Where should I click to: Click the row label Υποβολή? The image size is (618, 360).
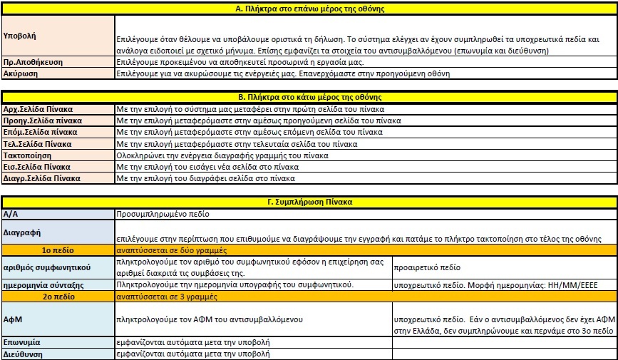click(x=20, y=35)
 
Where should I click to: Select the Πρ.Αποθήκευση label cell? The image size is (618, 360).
click(x=33, y=63)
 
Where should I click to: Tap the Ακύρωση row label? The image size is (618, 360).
click(x=21, y=73)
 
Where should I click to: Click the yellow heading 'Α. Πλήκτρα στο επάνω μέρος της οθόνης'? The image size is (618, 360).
click(x=310, y=9)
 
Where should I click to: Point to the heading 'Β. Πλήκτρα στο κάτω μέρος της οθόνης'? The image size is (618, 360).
click(x=310, y=97)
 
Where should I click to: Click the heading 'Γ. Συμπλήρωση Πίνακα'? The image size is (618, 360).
click(x=310, y=202)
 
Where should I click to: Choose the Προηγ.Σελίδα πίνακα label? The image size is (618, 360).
click(x=42, y=121)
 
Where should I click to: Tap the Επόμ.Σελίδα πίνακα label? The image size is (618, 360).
click(x=41, y=132)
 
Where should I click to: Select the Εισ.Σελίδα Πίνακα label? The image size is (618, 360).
click(x=37, y=166)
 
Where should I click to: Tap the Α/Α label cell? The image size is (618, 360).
click(x=11, y=213)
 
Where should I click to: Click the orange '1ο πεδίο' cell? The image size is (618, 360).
click(x=58, y=250)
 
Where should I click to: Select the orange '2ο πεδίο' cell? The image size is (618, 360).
click(x=58, y=295)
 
